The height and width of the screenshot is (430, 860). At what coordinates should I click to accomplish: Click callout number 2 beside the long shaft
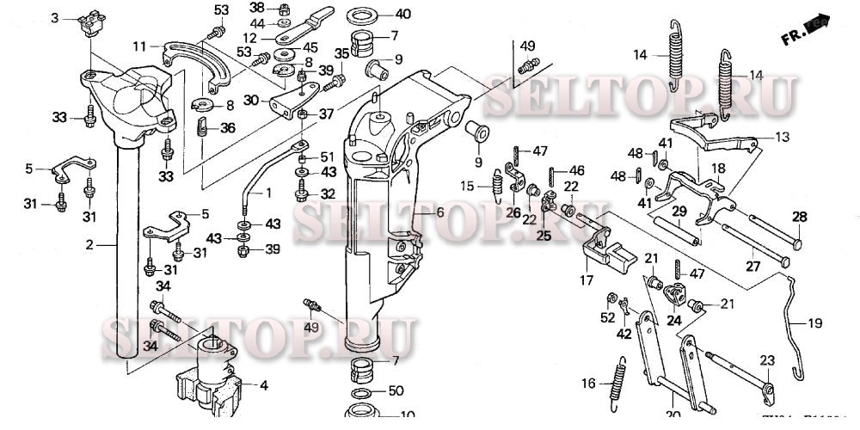pyautogui.click(x=89, y=246)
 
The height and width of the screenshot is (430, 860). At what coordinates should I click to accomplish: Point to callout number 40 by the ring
pyautogui.click(x=403, y=15)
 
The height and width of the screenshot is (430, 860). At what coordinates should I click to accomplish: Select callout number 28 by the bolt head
pyautogui.click(x=800, y=217)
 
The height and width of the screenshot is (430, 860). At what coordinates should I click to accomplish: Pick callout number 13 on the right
pyautogui.click(x=781, y=137)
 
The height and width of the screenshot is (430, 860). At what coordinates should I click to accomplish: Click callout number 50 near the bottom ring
pyautogui.click(x=395, y=391)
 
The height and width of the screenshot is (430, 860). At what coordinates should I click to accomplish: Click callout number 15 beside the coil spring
pyautogui.click(x=466, y=186)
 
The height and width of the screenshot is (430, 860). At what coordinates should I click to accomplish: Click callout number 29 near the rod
pyautogui.click(x=679, y=212)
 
